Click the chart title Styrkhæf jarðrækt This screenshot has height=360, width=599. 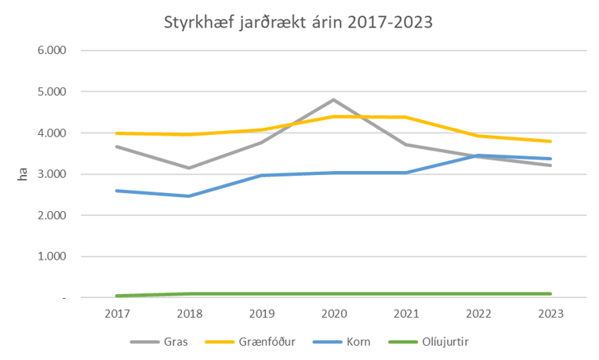coord(297,21)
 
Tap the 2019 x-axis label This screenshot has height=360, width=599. coord(261,314)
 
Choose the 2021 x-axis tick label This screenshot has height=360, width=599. coord(406,314)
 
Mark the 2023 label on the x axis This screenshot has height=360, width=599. coord(551,314)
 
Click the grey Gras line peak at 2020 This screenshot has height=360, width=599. coord(333,100)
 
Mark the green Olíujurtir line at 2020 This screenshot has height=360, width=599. coord(333,294)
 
